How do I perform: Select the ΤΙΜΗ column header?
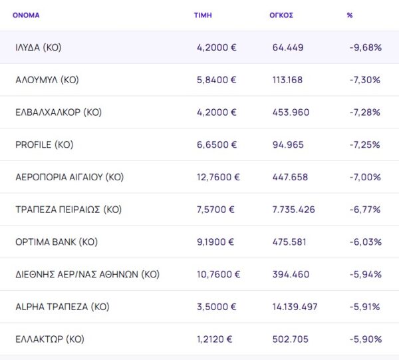203,15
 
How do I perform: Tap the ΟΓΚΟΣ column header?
283,15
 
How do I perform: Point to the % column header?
350,15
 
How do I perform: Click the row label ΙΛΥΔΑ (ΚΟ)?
39,47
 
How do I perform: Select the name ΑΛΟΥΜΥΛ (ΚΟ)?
47,80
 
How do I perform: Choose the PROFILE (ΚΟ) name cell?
44,144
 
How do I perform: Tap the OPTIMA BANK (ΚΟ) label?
57,242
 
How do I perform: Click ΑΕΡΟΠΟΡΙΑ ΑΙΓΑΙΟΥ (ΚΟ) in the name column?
70,177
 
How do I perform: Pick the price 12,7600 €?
218,177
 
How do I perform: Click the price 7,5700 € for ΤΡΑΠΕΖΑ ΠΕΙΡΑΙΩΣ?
215,210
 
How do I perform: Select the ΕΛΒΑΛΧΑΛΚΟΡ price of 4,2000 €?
216,112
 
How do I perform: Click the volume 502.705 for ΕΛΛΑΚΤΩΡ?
291,339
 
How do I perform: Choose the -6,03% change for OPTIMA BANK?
365,242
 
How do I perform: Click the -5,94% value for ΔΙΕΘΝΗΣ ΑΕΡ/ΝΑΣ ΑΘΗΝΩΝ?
365,274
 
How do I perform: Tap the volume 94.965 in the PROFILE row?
288,144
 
